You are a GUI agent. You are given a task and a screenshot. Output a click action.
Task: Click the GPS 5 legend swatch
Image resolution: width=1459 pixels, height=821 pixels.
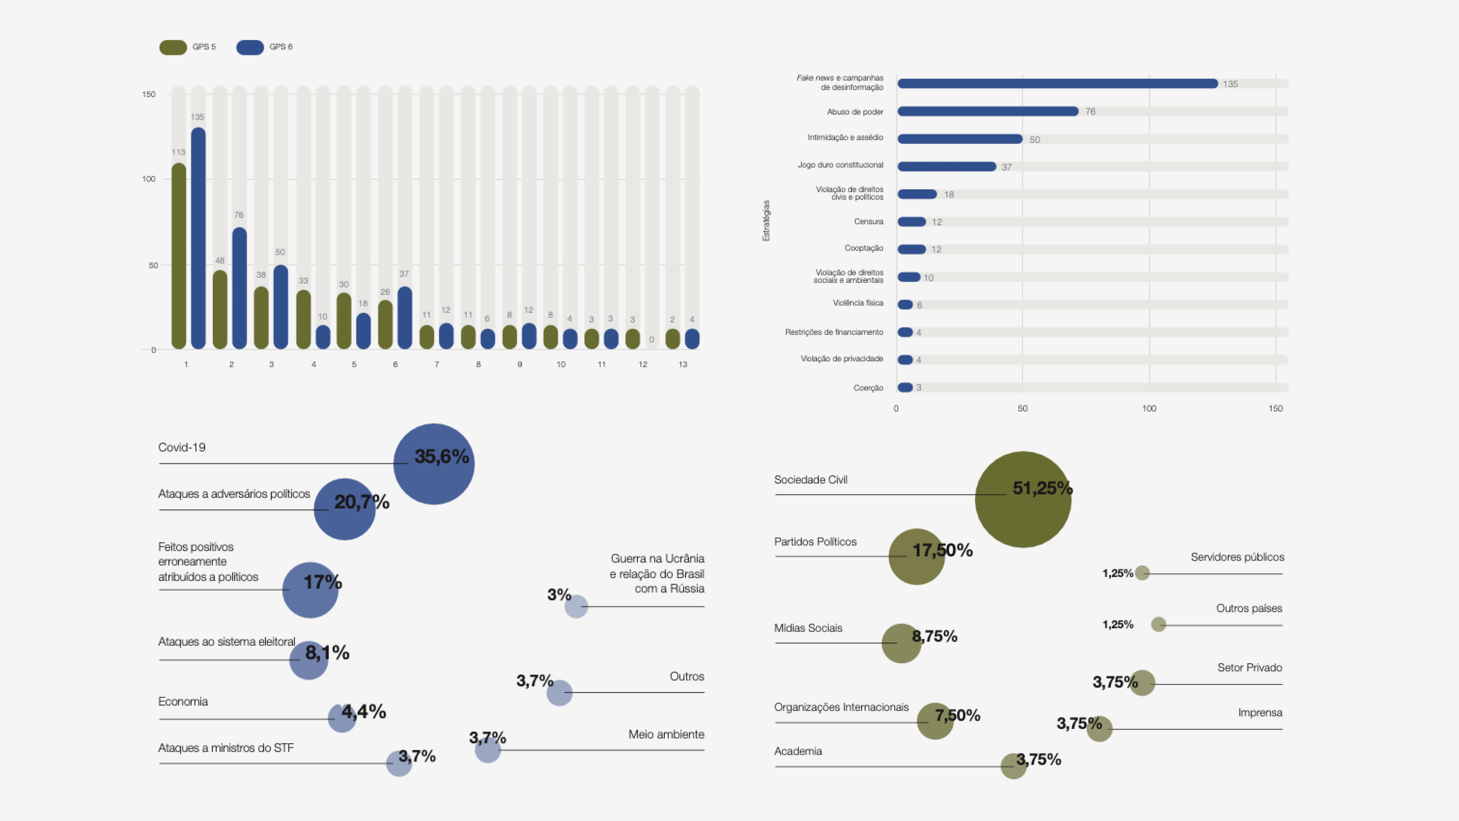click(173, 47)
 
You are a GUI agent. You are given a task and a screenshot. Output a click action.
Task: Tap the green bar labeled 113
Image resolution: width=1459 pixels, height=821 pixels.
click(179, 256)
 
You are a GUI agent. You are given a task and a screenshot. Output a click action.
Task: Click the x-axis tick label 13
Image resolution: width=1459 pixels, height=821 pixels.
click(683, 364)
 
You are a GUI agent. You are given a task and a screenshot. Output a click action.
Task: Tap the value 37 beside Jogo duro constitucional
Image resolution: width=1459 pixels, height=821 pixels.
click(1006, 167)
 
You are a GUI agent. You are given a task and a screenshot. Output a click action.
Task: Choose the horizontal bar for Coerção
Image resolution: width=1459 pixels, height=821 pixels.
click(905, 388)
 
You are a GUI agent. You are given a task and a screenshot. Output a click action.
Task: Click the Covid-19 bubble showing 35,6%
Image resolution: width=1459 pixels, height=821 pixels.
click(434, 464)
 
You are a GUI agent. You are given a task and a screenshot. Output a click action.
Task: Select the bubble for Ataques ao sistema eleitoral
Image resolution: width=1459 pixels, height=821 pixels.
click(309, 660)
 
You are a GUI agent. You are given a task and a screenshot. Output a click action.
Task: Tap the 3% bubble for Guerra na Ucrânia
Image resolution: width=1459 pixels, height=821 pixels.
click(576, 606)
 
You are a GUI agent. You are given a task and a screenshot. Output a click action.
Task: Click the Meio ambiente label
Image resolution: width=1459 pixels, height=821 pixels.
click(666, 734)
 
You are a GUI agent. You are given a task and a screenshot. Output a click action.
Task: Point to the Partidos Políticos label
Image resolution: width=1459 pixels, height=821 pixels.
click(815, 542)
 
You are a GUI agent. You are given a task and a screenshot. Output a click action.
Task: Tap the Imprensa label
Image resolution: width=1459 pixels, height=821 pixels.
click(1260, 713)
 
